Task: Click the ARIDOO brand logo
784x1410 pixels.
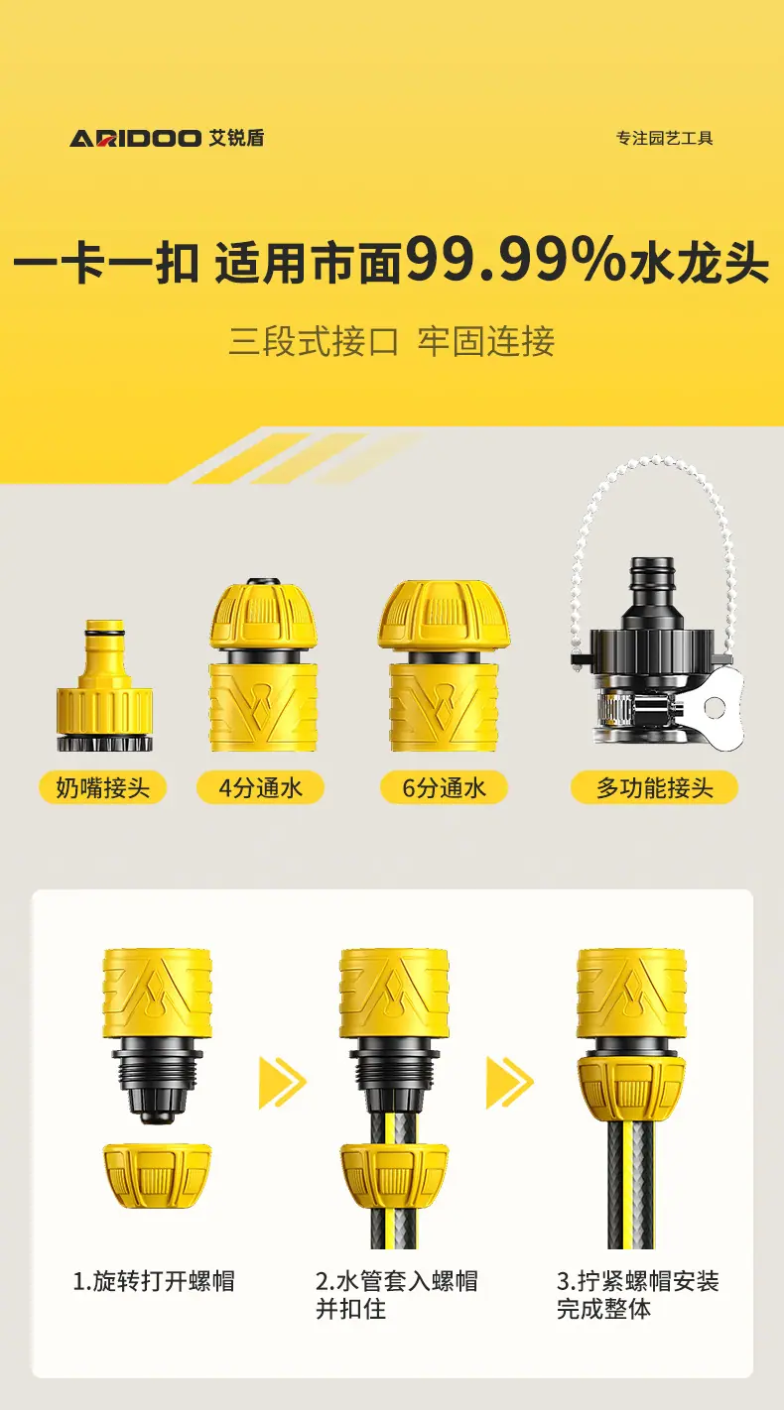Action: [x=167, y=138]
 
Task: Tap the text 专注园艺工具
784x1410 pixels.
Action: [x=664, y=138]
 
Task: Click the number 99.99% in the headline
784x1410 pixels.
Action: [x=514, y=261]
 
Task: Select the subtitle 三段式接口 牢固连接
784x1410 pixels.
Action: [x=391, y=341]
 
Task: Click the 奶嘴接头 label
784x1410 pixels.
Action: [x=103, y=787]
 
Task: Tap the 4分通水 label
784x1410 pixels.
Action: [x=260, y=787]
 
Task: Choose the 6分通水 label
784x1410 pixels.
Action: [x=444, y=787]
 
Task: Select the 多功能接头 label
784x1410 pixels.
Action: [x=654, y=787]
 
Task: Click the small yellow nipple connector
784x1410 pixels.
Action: [x=104, y=685]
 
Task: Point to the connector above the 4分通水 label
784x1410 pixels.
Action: [x=262, y=664]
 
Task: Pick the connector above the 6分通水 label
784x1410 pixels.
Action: [x=445, y=665]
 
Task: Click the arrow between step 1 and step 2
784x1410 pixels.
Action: [x=283, y=1083]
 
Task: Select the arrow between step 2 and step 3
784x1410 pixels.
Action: [x=510, y=1083]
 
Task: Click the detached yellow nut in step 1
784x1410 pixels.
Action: [x=157, y=1176]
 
